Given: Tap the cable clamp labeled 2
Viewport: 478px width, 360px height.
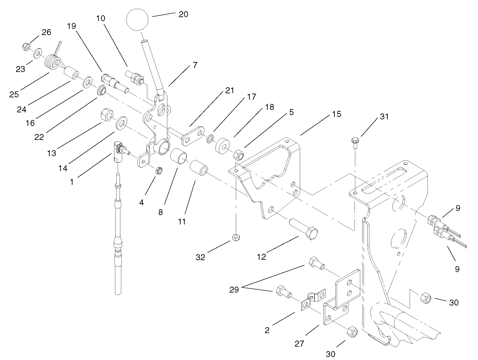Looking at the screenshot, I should pyautogui.click(x=313, y=299).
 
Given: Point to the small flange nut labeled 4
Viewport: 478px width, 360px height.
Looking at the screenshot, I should pyautogui.click(x=159, y=170).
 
